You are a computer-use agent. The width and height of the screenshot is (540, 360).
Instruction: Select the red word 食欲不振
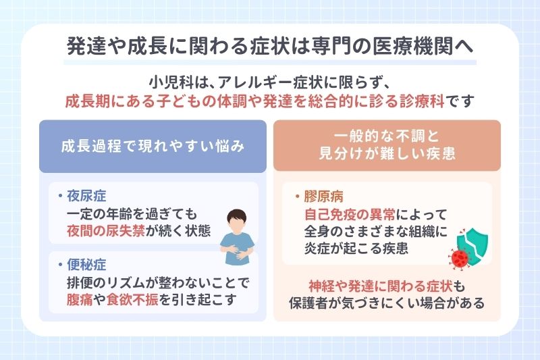point(131,300)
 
